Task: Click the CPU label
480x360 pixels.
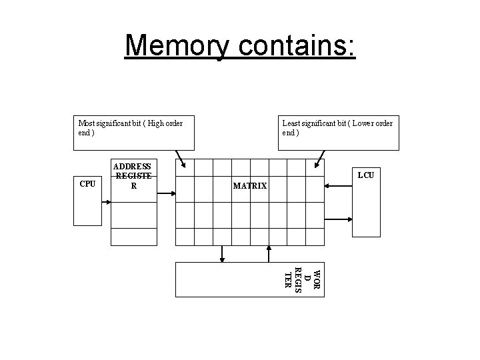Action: [87, 184]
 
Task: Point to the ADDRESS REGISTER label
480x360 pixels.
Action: [133, 176]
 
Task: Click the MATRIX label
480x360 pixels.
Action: [250, 186]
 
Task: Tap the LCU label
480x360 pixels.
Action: [365, 175]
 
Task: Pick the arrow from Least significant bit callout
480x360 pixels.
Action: [321, 161]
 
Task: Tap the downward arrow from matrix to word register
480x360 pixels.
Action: [222, 253]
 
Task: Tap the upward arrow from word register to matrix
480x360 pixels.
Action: [269, 253]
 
